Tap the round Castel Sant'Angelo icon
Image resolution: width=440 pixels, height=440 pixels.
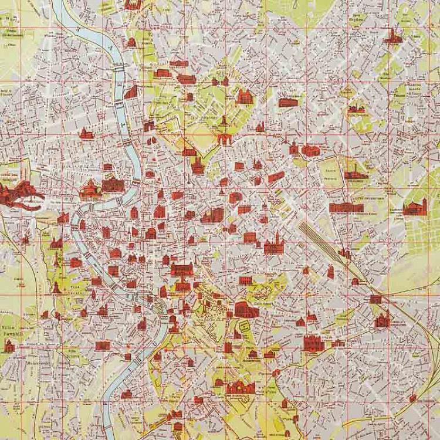tap(90, 188)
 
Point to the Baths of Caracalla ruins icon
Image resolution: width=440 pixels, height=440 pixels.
tap(242, 388)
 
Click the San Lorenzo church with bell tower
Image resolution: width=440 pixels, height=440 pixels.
tap(414, 207)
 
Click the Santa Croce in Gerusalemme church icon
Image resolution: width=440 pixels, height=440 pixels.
tap(383, 320)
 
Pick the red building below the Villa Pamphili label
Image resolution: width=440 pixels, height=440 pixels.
tap(9, 346)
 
